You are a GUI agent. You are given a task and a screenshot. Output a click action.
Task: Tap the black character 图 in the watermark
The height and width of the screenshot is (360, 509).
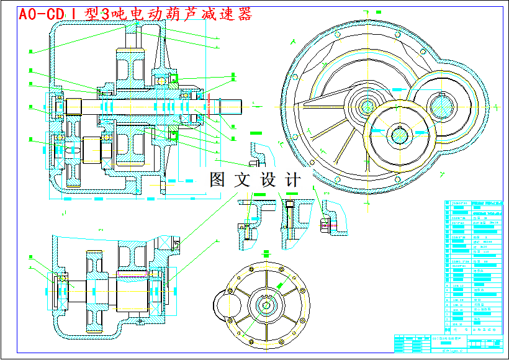click(217, 180)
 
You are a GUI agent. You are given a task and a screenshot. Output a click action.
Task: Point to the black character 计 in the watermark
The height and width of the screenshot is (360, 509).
click(292, 180)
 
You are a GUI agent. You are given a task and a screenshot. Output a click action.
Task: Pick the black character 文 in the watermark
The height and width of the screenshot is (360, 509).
click(241, 180)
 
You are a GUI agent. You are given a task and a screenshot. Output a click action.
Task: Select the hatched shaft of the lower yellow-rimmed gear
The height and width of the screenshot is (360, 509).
click(397, 132)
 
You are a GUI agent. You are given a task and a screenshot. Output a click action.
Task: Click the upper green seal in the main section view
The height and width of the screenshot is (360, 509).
click(175, 78)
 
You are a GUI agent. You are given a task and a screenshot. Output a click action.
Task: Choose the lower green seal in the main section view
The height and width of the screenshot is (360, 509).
click(174, 135)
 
